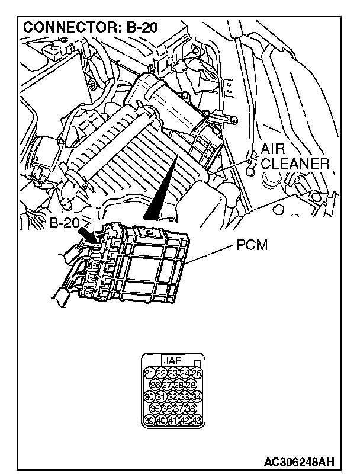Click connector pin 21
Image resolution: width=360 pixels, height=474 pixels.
pyautogui.click(x=150, y=373)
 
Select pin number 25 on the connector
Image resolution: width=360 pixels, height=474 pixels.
pyautogui.click(x=197, y=373)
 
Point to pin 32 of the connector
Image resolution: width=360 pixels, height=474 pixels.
pyautogui.click(x=173, y=396)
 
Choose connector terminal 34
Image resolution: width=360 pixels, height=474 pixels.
pyautogui.click(x=197, y=396)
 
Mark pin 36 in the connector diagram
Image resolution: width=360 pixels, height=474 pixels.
pyautogui.click(x=168, y=408)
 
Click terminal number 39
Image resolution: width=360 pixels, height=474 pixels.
pyautogui.click(x=150, y=420)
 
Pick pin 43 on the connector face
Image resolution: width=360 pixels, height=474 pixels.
pyautogui.click(x=197, y=420)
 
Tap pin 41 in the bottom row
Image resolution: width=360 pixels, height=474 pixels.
pyautogui.click(x=173, y=420)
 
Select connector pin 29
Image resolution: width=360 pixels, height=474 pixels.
pyautogui.click(x=191, y=385)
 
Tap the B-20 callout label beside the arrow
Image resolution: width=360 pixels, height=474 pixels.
pyautogui.click(x=64, y=223)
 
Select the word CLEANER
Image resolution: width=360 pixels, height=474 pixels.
pyautogui.click(x=294, y=164)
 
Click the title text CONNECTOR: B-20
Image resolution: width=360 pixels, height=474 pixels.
pyautogui.click(x=90, y=28)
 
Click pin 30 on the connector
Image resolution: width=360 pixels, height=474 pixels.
pyautogui.click(x=150, y=396)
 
